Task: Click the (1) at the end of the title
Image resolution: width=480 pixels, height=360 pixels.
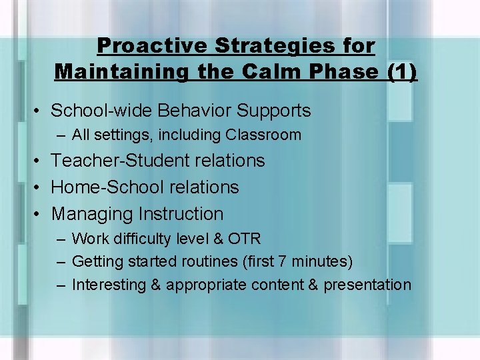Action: coord(403,71)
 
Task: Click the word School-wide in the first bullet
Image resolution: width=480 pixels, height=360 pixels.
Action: coord(92,110)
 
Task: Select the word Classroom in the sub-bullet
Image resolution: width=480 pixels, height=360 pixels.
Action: coord(263,135)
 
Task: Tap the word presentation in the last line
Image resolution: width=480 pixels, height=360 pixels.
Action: coord(367,285)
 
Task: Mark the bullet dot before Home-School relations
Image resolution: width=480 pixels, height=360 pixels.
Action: coord(39,188)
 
